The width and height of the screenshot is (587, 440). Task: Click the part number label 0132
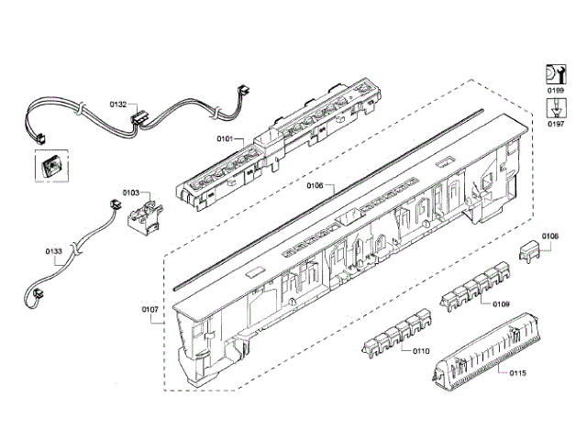118,105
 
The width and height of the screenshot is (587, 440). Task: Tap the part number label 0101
226,139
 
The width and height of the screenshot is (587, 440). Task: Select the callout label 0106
314,185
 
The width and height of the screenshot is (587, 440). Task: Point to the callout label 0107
150,309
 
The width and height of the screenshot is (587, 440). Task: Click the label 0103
130,193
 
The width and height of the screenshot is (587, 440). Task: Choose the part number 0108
549,236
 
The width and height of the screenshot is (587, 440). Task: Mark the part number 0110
421,351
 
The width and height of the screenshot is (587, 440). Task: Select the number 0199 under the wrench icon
556,93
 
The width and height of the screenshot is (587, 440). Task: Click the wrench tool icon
555,72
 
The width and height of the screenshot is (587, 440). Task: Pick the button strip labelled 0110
392,338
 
